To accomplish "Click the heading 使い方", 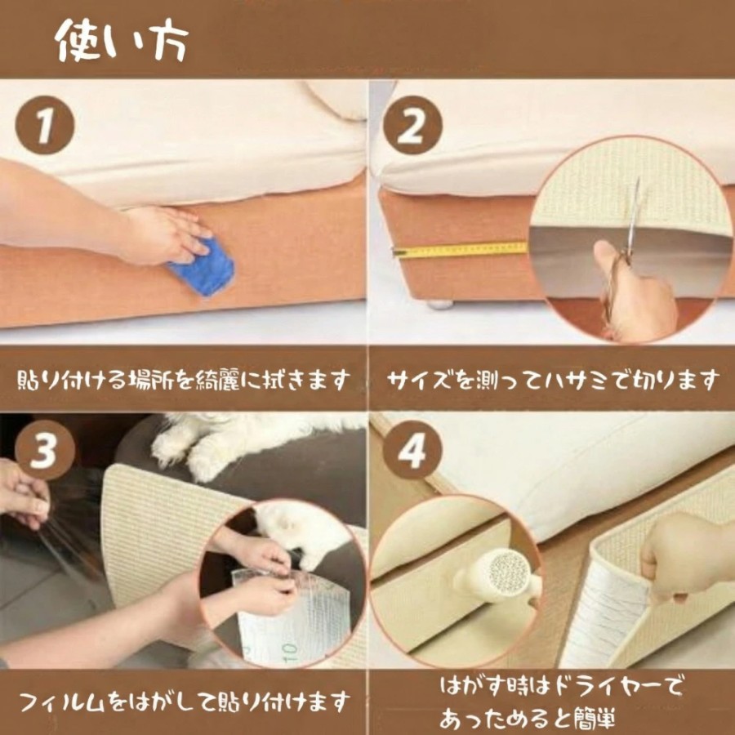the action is [x=122, y=41].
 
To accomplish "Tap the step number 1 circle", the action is [x=45, y=125].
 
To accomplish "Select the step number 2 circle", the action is [x=412, y=125].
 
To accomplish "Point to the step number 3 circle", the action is [x=45, y=450].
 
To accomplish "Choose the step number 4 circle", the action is [x=412, y=450].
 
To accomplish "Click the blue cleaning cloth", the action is [x=203, y=267].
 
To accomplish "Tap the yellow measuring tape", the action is [x=461, y=249].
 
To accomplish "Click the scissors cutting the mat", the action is [x=626, y=248].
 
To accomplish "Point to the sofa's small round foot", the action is [x=441, y=305].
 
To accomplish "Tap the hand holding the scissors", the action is [x=635, y=291].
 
